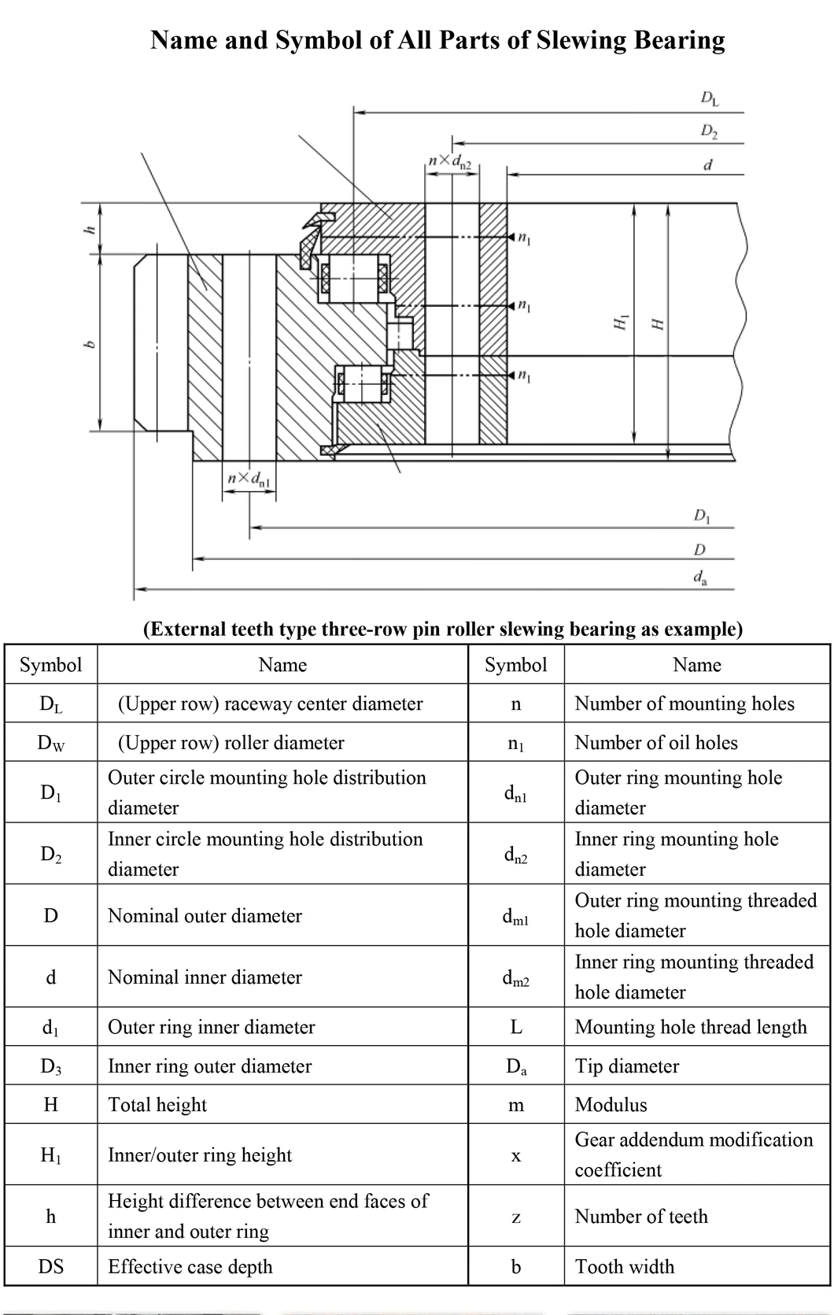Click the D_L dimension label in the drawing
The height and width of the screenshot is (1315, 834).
tap(709, 100)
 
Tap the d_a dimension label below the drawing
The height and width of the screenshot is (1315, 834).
tap(699, 578)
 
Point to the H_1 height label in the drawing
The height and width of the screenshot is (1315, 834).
tap(620, 322)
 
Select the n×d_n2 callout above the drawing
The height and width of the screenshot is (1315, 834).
tap(450, 163)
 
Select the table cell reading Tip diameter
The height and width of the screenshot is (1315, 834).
tap(626, 1066)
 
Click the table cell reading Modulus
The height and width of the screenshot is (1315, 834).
tap(611, 1105)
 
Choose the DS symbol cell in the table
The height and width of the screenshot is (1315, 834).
tap(51, 1266)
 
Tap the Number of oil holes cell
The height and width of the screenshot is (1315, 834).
tap(656, 742)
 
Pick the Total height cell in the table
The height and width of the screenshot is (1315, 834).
tap(157, 1105)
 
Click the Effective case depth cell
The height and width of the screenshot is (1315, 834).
tap(190, 1266)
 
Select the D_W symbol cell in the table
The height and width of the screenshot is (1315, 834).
tap(51, 743)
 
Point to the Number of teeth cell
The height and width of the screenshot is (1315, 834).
tap(641, 1217)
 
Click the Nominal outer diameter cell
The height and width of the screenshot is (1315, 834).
tap(205, 916)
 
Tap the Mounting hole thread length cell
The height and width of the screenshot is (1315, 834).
tap(691, 1027)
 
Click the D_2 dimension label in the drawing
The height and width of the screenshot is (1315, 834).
tap(709, 132)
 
